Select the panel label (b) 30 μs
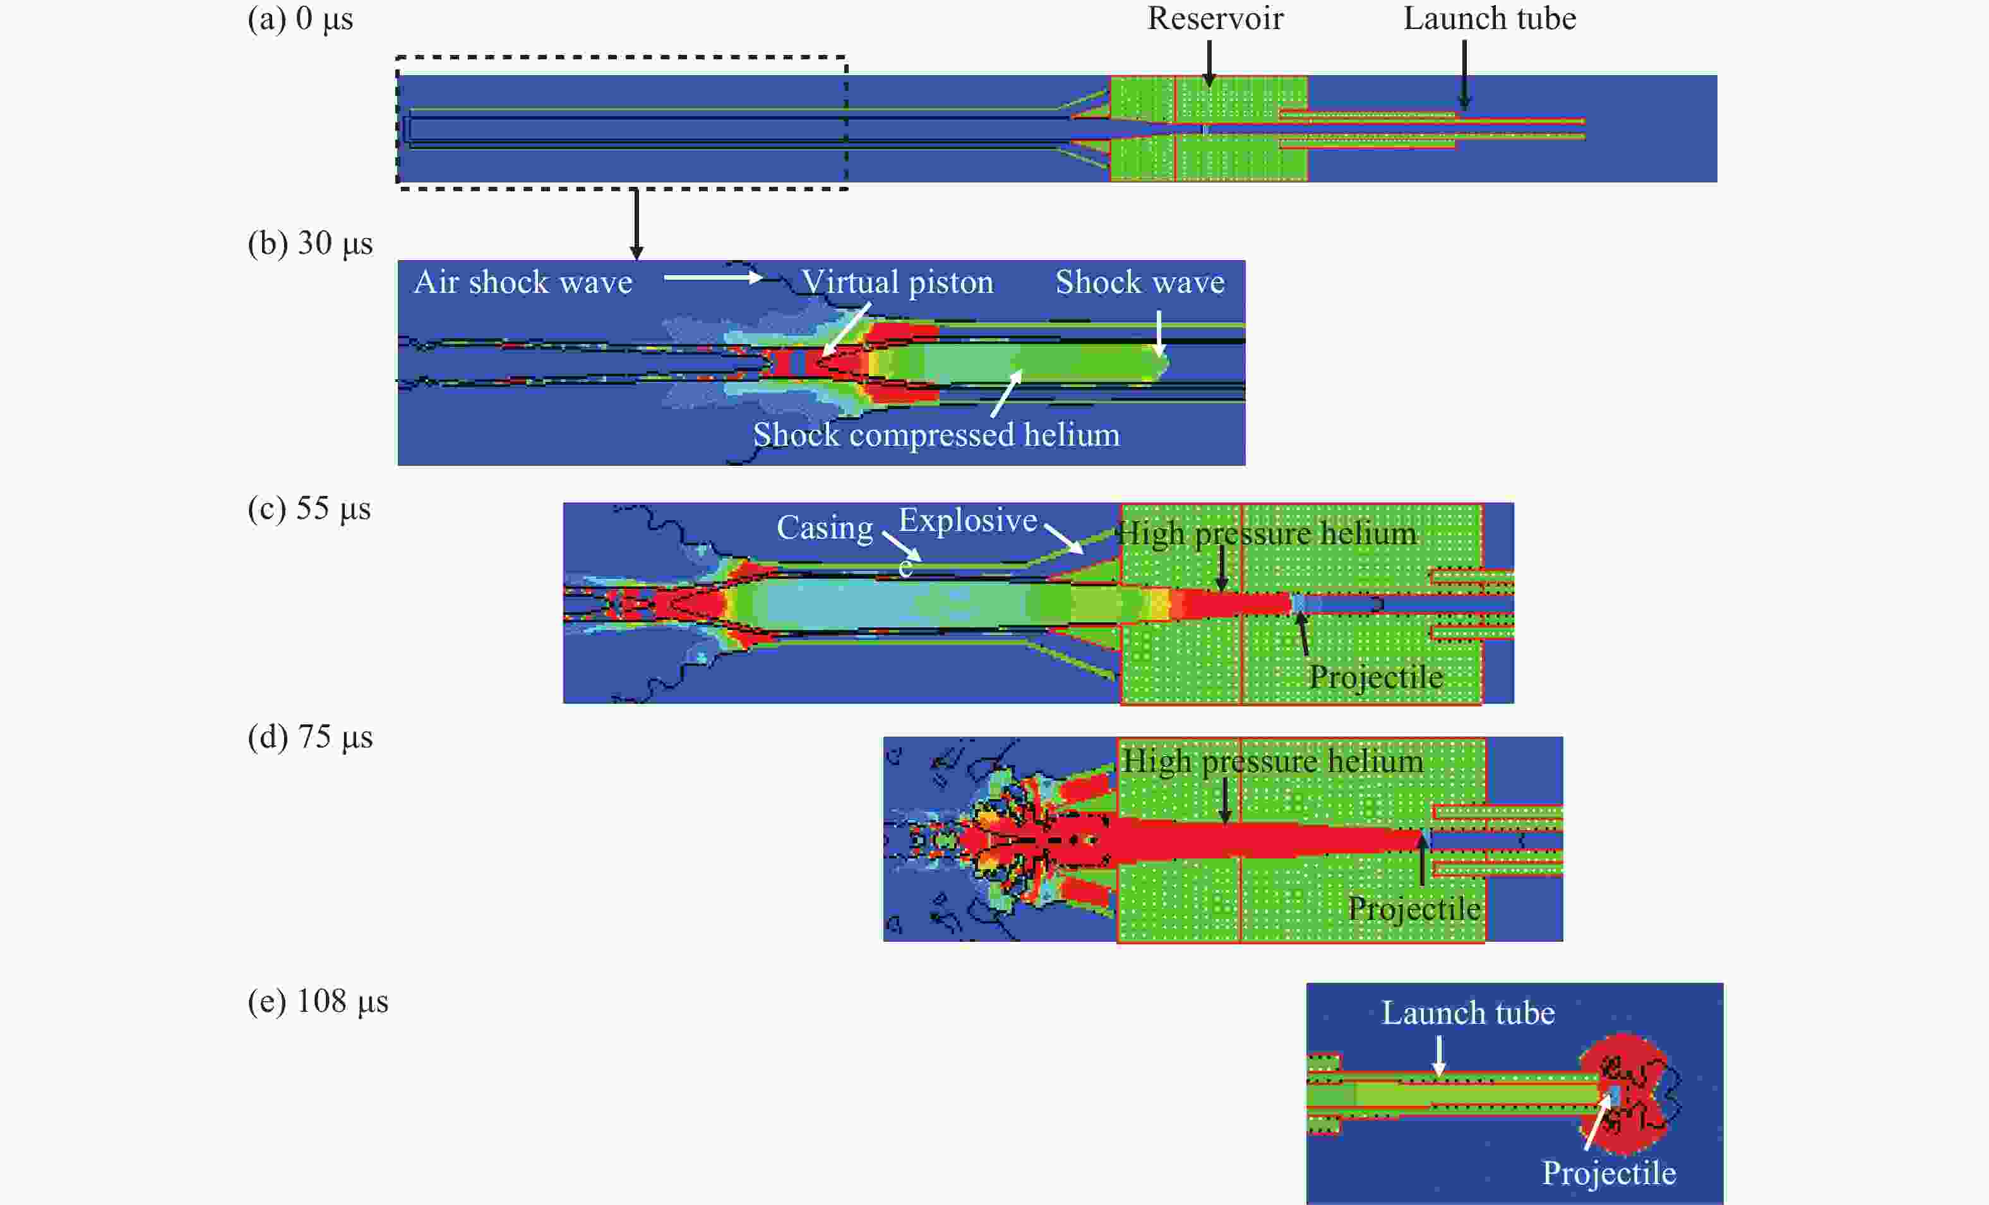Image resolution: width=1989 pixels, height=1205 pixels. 310,243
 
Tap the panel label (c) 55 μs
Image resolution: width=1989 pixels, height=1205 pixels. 309,509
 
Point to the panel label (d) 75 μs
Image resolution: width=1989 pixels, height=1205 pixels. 310,737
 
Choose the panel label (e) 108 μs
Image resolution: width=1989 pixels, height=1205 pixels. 318,1001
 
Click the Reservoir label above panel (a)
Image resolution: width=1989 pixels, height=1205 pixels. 1215,18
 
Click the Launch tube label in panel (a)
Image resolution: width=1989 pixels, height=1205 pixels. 1490,18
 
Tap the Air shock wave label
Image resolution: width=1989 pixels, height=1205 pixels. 523,283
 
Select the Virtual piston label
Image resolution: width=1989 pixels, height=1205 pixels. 897,283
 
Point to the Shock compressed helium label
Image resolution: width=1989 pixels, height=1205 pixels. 936,435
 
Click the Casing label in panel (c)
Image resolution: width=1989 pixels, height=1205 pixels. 824,528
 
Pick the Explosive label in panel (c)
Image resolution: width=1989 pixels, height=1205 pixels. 967,521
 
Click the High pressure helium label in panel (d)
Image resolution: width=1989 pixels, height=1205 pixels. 1272,761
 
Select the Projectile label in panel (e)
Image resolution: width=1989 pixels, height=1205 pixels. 1609,1173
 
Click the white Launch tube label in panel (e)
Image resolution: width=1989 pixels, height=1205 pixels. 1467,1013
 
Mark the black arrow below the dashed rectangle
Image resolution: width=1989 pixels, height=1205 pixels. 636,224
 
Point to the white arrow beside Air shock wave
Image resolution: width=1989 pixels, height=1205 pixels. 712,278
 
